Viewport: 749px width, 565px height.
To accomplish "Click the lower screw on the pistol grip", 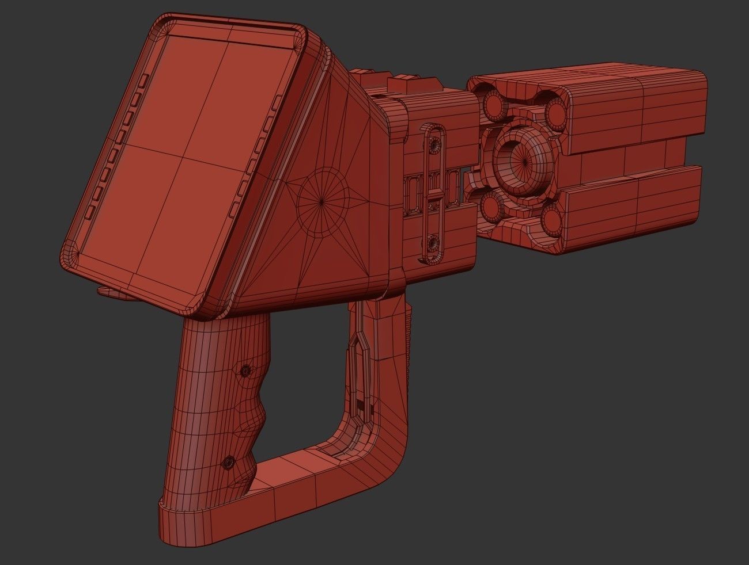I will coord(229,461).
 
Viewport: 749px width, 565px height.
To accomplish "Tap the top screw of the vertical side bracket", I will coord(434,142).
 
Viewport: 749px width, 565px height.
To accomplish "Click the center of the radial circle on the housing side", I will coord(321,201).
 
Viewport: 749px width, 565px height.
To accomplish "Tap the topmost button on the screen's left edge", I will coord(145,79).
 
